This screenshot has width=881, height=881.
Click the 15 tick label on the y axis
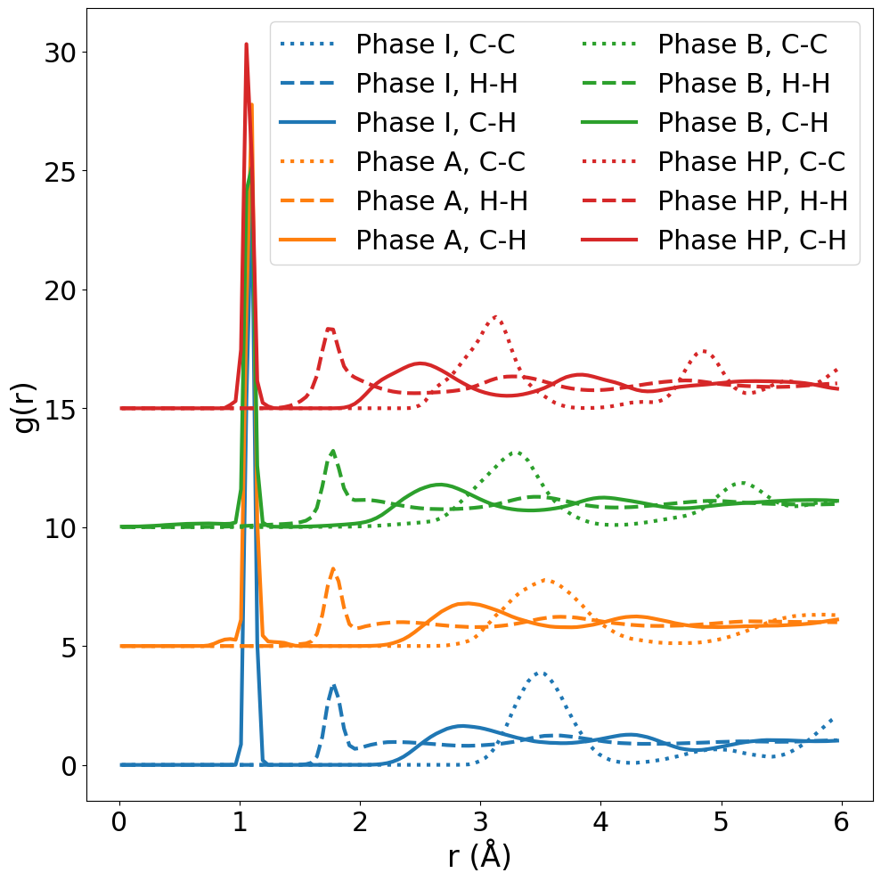[x=63, y=409]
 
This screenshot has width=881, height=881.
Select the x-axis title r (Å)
[x=480, y=857]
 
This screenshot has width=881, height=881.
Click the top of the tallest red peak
[x=246, y=44]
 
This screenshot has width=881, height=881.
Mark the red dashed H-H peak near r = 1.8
[x=330, y=329]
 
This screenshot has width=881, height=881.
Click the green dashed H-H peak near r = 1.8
[x=333, y=451]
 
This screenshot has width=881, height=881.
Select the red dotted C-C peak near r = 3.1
[x=495, y=316]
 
